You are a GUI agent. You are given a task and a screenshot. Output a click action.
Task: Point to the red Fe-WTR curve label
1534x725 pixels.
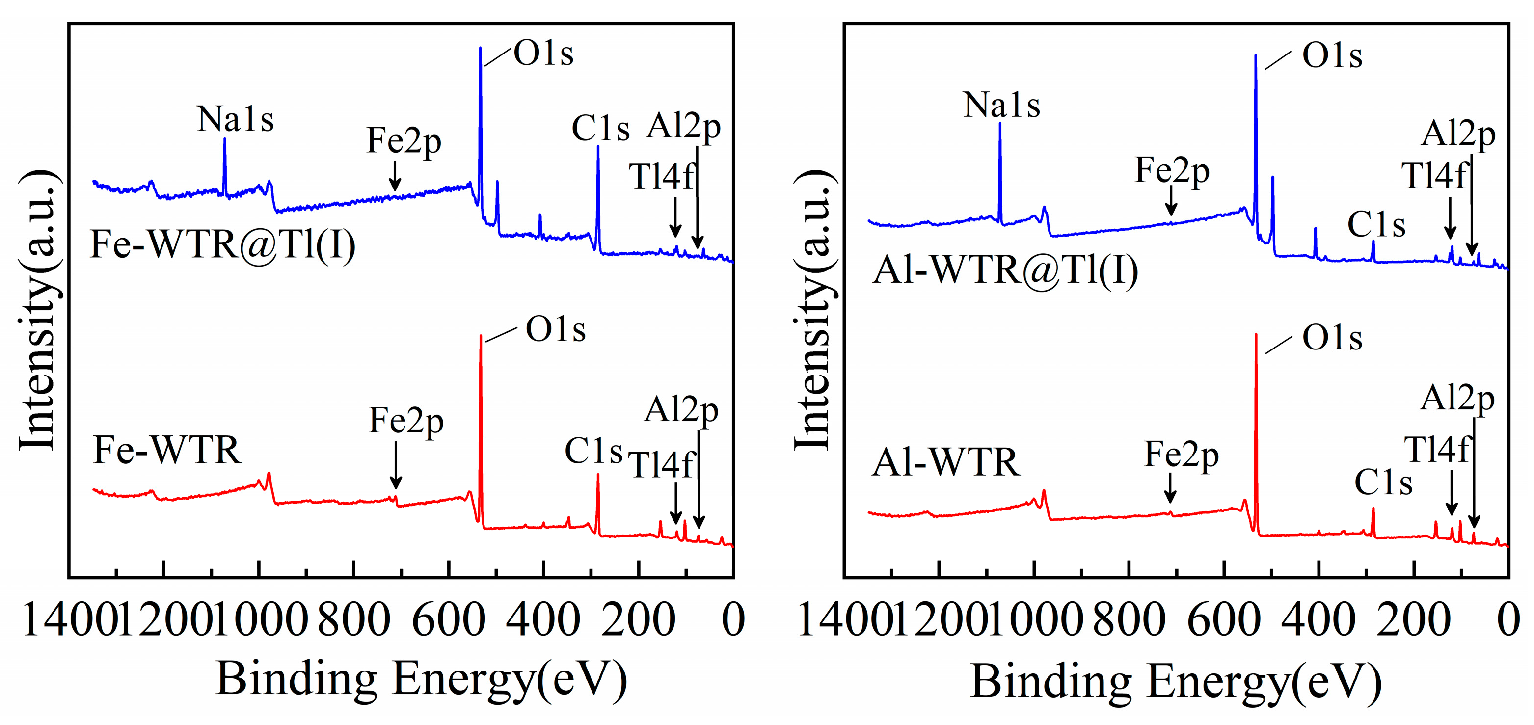(167, 450)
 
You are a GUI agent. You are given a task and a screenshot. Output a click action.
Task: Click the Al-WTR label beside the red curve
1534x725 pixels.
(945, 462)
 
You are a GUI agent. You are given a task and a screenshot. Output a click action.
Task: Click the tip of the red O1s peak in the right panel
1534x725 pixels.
(1256, 335)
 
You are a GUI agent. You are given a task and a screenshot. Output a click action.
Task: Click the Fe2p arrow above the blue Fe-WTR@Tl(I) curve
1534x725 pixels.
(394, 177)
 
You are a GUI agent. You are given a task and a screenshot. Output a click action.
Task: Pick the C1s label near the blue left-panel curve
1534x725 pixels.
(600, 128)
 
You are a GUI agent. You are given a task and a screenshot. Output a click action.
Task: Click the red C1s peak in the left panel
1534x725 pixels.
(597, 476)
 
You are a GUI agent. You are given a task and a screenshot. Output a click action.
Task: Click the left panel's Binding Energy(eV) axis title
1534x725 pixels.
(421, 678)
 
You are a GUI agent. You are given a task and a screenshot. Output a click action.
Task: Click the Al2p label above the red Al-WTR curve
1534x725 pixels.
(1457, 397)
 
